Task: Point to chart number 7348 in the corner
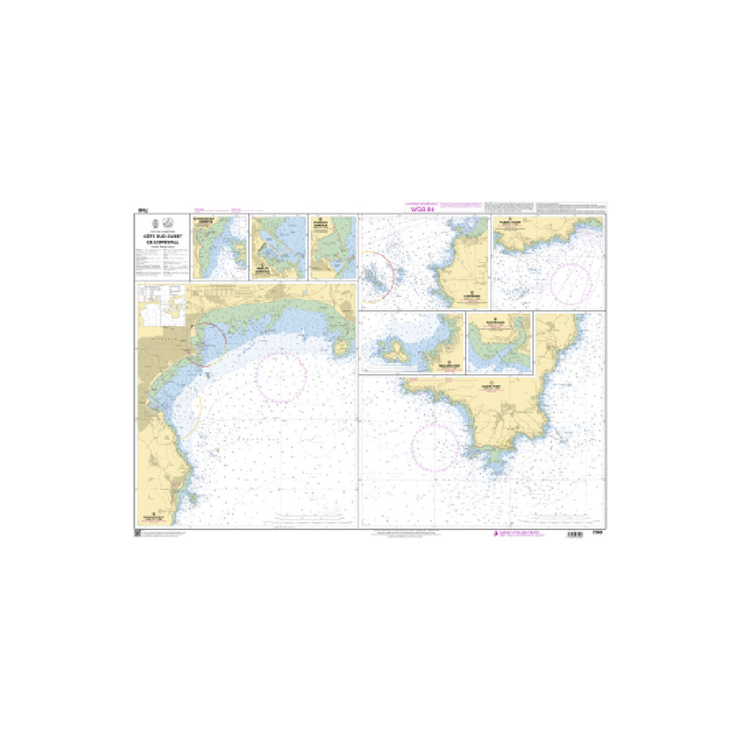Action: (x=597, y=534)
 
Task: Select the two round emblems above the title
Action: (x=161, y=223)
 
